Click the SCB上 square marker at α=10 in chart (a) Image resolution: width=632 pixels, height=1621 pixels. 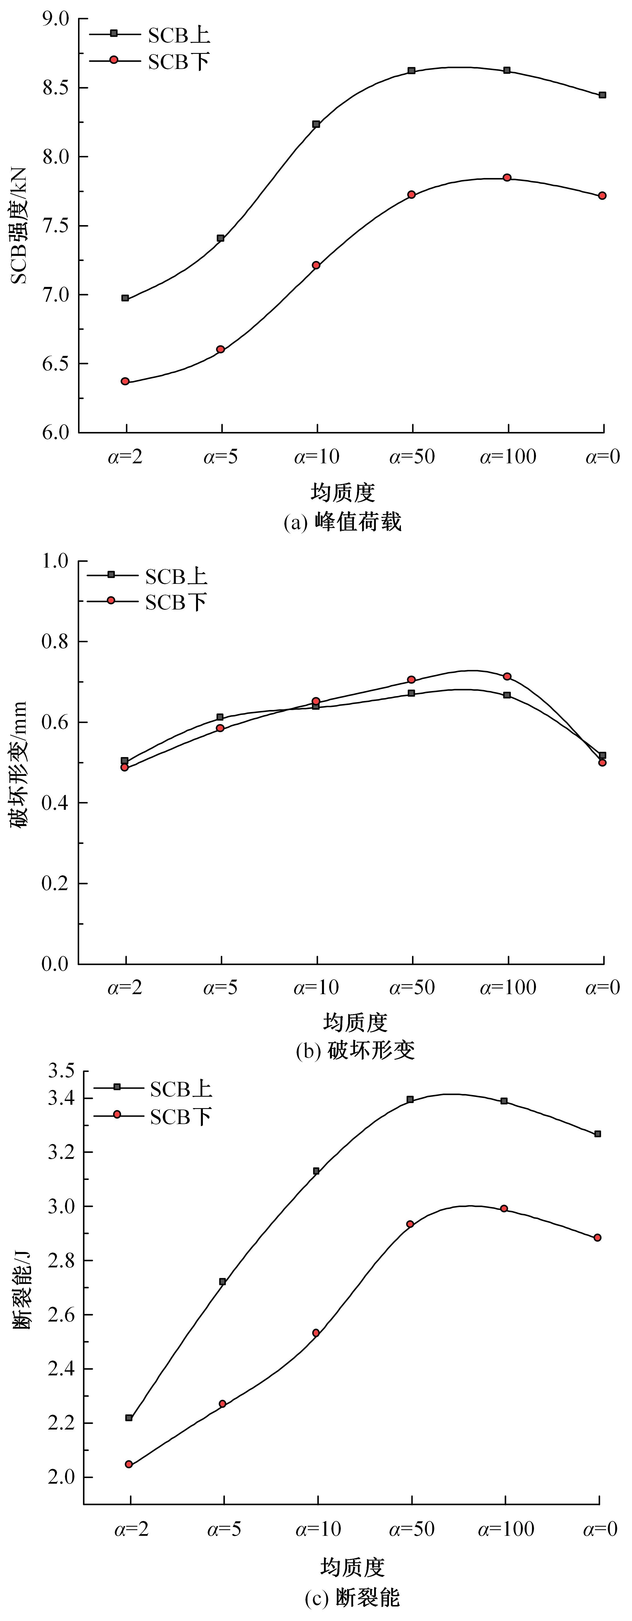[316, 124]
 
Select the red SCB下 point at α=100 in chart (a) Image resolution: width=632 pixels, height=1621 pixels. [507, 178]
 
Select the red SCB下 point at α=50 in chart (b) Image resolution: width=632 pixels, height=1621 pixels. [412, 680]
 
